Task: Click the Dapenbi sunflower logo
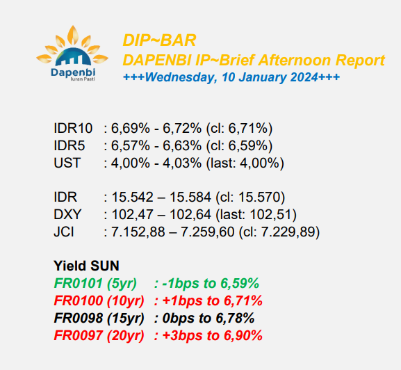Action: point(72,53)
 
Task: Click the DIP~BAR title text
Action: point(159,40)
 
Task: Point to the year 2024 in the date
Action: point(304,77)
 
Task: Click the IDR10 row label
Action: point(73,128)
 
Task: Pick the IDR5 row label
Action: point(69,145)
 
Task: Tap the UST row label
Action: point(67,163)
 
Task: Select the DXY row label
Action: point(67,214)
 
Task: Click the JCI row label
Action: point(64,232)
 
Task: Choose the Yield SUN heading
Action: point(86,266)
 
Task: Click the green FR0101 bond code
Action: point(79,283)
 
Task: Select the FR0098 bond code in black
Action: point(79,318)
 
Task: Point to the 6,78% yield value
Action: point(235,318)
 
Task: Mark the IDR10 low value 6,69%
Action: point(131,128)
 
